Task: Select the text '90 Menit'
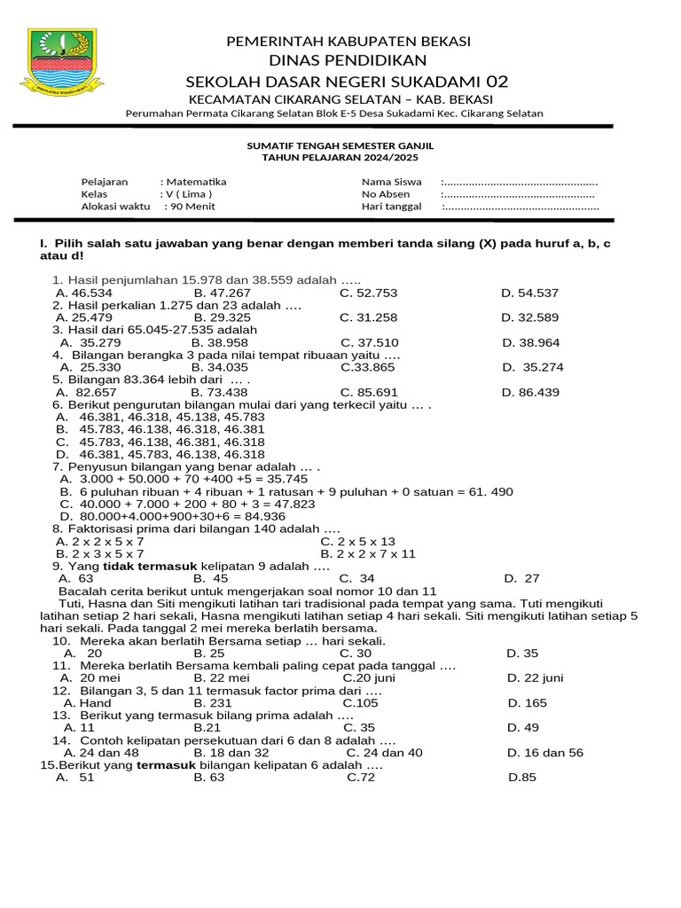[192, 207]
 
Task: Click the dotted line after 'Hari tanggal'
[521, 207]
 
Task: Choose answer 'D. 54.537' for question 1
[529, 293]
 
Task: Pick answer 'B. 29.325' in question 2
[222, 317]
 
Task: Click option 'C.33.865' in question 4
[367, 367]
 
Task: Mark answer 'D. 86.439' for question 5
[530, 392]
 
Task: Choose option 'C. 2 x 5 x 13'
[357, 541]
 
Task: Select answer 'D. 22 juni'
[535, 677]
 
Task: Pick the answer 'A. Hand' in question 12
[87, 702]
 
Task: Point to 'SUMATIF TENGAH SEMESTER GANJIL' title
[340, 145]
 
